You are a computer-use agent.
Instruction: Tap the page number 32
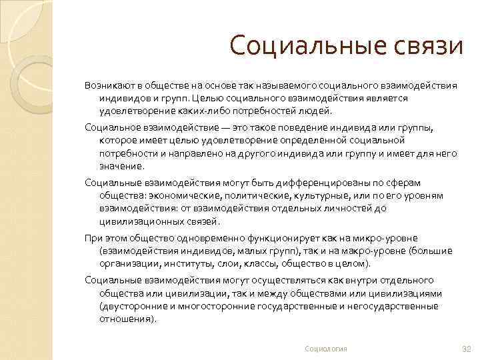(466, 349)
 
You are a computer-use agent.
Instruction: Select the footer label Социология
(326, 349)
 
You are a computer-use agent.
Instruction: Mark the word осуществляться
(254, 281)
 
